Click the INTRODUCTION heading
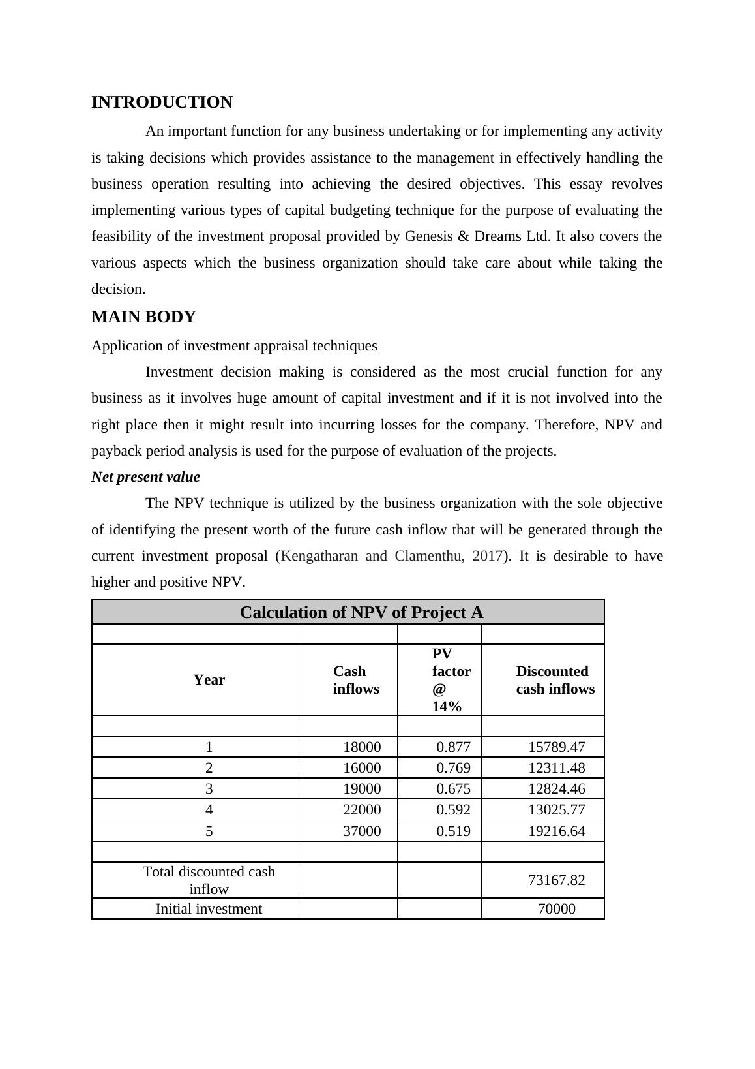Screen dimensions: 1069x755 click(x=162, y=102)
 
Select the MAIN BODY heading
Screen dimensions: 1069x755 click(x=143, y=317)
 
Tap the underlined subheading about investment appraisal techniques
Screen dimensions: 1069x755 click(x=234, y=346)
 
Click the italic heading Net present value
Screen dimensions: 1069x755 click(x=145, y=477)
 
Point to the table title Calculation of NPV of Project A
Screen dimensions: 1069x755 click(x=361, y=613)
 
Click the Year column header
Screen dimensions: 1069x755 click(x=209, y=680)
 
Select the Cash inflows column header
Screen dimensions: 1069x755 click(x=355, y=680)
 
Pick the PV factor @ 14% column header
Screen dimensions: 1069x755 click(x=451, y=680)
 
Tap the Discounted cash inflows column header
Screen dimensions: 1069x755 click(x=555, y=680)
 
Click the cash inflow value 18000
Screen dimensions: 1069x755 click(x=362, y=747)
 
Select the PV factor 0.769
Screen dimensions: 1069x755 click(x=453, y=768)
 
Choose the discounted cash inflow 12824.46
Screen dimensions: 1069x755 click(x=556, y=789)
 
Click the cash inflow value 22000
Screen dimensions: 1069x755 click(x=362, y=810)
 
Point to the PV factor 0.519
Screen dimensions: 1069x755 click(x=453, y=831)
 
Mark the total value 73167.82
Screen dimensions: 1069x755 click(x=556, y=880)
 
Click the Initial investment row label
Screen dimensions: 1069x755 click(x=209, y=909)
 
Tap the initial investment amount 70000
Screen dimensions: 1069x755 click(x=556, y=909)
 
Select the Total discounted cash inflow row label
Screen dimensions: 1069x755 click(x=209, y=880)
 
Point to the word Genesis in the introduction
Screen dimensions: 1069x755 click(x=428, y=236)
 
